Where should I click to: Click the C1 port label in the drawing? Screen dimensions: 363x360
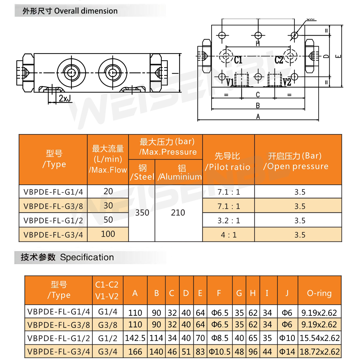click(x=238, y=60)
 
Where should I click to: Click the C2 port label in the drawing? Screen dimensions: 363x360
click(x=278, y=60)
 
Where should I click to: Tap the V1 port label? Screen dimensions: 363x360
click(x=230, y=82)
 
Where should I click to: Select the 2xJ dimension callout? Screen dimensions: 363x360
click(x=64, y=98)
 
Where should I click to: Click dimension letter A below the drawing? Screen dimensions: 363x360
click(x=258, y=117)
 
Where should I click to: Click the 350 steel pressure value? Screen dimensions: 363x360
click(x=142, y=213)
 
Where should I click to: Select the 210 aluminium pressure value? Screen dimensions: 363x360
click(x=178, y=213)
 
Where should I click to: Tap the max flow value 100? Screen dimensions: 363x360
click(x=108, y=234)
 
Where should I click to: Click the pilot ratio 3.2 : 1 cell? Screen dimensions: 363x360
click(x=229, y=221)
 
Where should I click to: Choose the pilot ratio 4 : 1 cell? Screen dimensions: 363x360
click(x=229, y=235)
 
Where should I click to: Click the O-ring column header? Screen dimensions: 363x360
click(x=319, y=293)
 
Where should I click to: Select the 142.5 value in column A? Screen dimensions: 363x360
click(x=135, y=338)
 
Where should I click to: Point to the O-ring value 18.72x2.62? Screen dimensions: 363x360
click(x=319, y=352)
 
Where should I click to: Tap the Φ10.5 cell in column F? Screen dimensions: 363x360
click(x=220, y=352)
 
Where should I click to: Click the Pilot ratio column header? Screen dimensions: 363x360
click(x=228, y=161)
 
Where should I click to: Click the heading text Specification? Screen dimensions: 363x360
click(x=87, y=257)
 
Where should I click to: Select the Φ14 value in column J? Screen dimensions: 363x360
click(x=287, y=352)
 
